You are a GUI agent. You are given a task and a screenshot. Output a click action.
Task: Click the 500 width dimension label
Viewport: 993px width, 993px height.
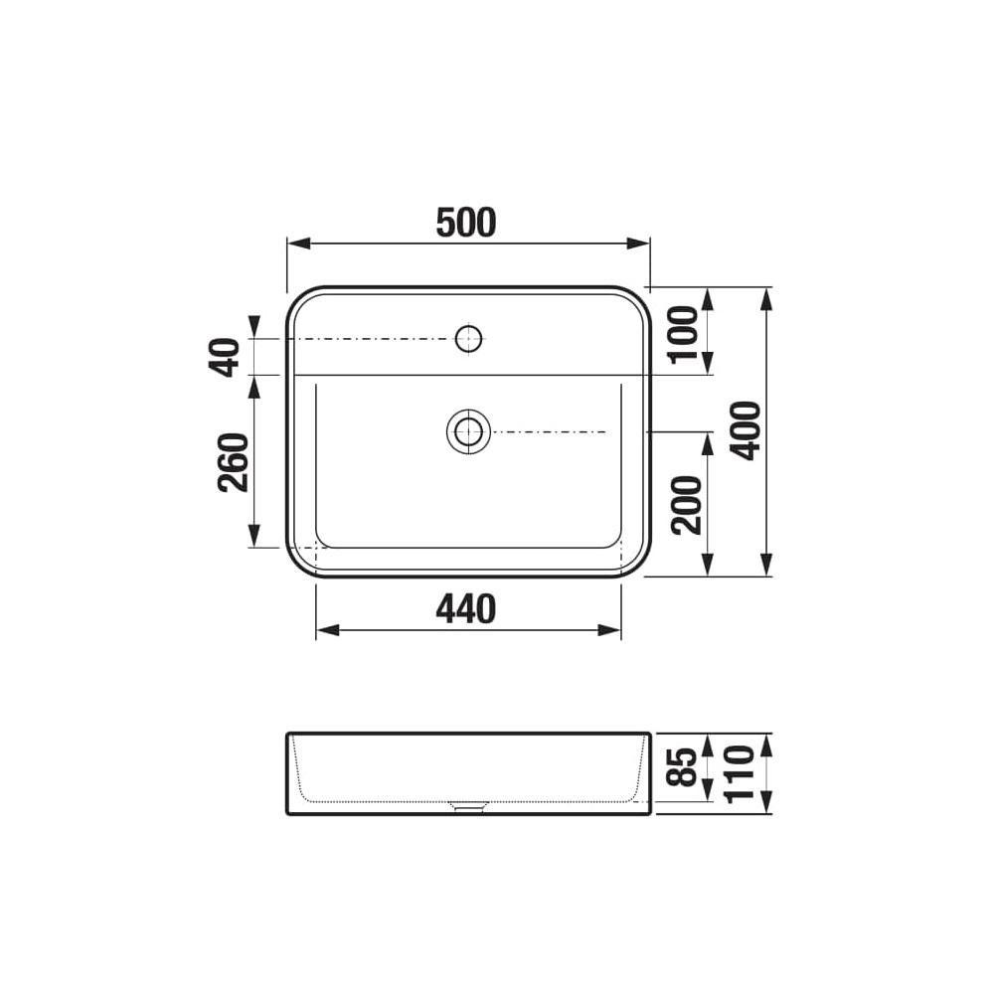(465, 224)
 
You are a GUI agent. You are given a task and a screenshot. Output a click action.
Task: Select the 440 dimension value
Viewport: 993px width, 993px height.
(465, 609)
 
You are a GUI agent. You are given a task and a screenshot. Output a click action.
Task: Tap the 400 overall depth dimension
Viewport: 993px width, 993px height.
(747, 429)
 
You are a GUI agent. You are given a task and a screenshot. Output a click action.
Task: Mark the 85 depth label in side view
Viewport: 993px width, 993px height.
(684, 767)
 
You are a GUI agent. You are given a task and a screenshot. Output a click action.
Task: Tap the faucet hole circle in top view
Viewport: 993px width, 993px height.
(468, 339)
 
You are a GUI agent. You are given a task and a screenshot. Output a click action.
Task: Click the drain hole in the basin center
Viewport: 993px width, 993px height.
(467, 431)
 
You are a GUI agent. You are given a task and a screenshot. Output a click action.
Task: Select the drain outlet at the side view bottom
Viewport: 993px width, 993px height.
(467, 807)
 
